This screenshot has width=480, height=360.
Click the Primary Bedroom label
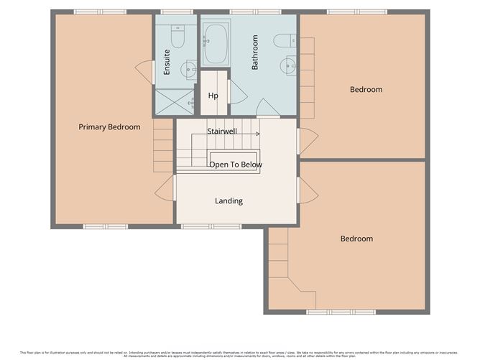tap(109, 127)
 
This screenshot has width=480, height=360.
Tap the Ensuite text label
tap(167, 62)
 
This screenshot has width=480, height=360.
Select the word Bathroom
tap(254, 52)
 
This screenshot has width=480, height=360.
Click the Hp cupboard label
tap(213, 96)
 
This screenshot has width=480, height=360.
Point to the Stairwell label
tap(222, 131)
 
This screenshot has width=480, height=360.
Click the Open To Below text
tap(236, 165)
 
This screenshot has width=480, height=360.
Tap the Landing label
tap(229, 201)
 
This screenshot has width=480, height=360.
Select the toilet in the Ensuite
tap(177, 36)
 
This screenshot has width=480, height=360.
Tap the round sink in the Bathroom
tap(288, 65)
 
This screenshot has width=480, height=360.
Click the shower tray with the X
tap(174, 102)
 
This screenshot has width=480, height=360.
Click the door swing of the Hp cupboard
tap(235, 92)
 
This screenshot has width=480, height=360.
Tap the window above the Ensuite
tap(171, 12)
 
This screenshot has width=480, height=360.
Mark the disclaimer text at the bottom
tap(240, 354)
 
